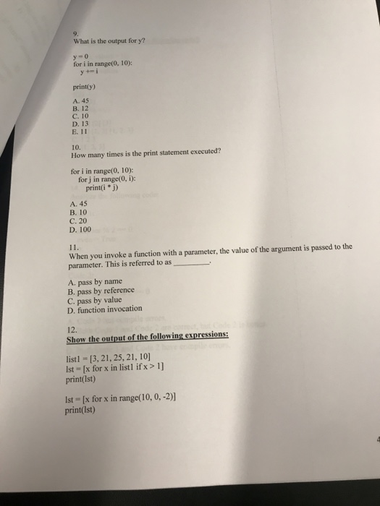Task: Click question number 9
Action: click(75, 31)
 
